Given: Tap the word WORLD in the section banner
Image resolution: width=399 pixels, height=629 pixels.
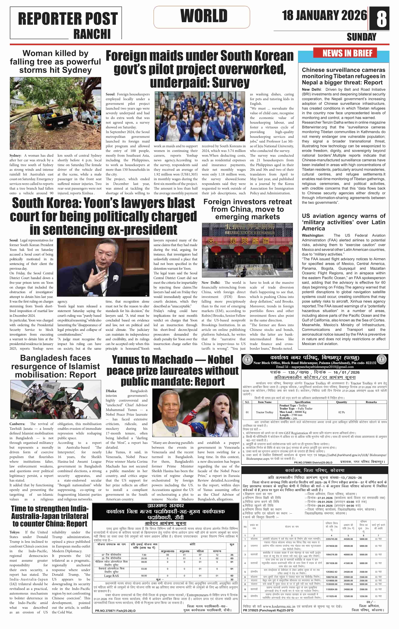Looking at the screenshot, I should click(204, 16).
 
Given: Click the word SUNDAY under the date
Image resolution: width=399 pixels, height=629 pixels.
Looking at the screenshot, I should click(361, 37).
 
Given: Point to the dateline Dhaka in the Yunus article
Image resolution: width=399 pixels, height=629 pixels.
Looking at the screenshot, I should click(111, 391).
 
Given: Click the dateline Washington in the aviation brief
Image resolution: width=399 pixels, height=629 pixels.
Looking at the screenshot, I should click(313, 235).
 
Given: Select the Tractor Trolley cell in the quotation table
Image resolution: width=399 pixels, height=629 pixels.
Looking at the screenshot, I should click(264, 412).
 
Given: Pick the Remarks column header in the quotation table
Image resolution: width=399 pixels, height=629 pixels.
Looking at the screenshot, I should click(371, 402).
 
